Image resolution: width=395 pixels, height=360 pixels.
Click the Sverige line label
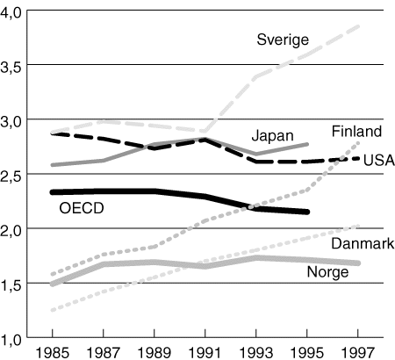click(283, 39)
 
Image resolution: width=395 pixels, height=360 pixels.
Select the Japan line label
click(272, 135)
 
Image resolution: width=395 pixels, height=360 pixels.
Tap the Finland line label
click(356, 132)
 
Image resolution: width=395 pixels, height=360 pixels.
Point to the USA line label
click(377, 160)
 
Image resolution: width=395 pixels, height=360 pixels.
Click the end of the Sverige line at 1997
click(360, 25)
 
